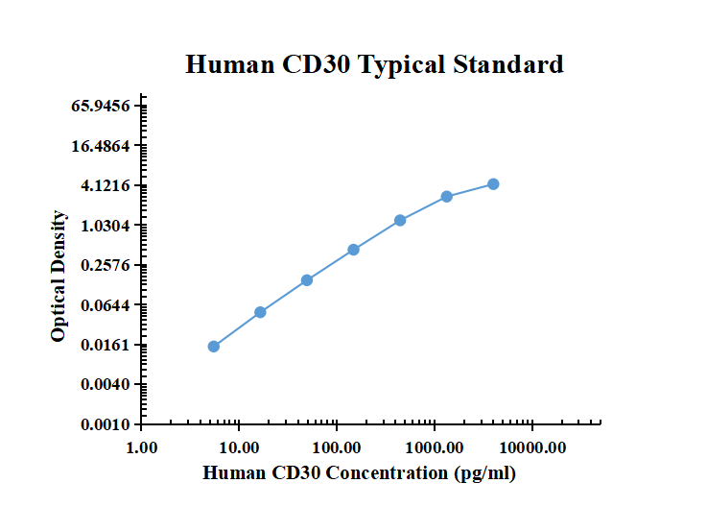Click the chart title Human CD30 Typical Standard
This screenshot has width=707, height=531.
(374, 65)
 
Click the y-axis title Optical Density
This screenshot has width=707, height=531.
(59, 276)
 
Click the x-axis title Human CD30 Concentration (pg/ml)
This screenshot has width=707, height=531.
(360, 472)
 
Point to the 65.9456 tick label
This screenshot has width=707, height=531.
(101, 106)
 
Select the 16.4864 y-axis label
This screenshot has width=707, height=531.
(101, 146)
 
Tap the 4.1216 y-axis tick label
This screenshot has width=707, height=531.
(105, 185)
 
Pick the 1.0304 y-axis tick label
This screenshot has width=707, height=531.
(105, 226)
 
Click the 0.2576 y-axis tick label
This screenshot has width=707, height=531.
(105, 265)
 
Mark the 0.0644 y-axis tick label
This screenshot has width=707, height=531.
(105, 305)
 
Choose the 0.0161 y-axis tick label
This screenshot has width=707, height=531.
(105, 345)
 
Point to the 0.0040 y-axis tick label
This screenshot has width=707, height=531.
(105, 385)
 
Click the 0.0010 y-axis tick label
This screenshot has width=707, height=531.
(105, 424)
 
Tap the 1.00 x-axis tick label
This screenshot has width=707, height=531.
(142, 447)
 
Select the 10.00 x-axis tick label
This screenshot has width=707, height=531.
(240, 447)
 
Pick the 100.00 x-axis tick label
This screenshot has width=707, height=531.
(337, 447)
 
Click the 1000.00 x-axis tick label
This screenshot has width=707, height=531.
(435, 447)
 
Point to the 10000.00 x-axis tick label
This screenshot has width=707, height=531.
(532, 447)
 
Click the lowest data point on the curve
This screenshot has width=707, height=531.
(214, 347)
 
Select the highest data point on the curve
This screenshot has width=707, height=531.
(493, 183)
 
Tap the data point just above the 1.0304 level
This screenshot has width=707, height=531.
(400, 221)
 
